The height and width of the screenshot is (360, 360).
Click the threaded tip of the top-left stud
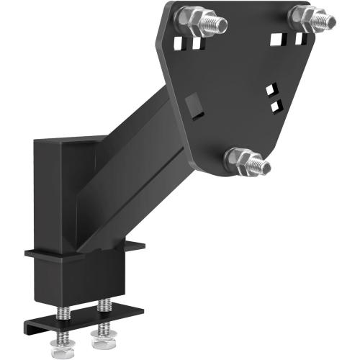[217, 25]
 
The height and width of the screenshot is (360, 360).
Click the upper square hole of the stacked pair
[271, 90]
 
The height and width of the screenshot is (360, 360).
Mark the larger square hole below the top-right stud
[279, 39]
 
